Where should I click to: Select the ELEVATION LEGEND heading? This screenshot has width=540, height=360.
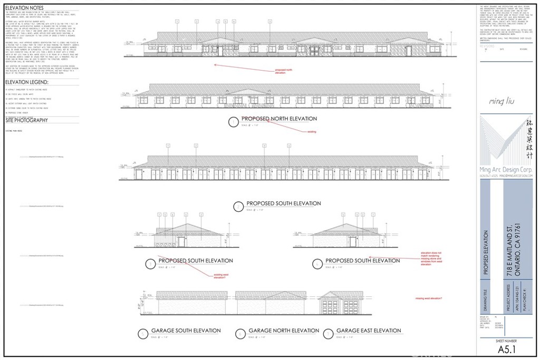pos(27,82)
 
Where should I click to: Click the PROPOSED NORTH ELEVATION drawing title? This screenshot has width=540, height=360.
pos(279,119)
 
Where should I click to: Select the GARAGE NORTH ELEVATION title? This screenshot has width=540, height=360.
pos(284,330)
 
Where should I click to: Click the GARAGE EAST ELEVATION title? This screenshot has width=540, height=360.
pos(369,330)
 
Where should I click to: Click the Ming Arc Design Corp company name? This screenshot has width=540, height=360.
pos(505,170)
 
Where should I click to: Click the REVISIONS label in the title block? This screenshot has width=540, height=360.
pos(487,46)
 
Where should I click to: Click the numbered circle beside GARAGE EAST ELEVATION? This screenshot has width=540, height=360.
pos(329,333)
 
